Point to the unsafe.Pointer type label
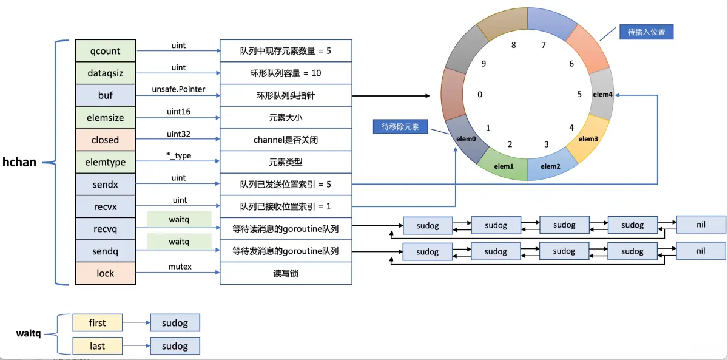coord(178,89)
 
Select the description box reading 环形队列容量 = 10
coord(286,73)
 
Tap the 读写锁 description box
coord(286,273)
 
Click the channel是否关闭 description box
coord(286,140)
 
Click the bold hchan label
coord(19,162)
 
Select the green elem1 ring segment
coord(504,166)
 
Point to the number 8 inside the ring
coord(513,45)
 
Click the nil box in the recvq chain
coord(701,224)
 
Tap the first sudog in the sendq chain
coord(428,251)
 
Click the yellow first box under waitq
coord(97,323)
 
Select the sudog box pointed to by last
coord(175,346)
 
